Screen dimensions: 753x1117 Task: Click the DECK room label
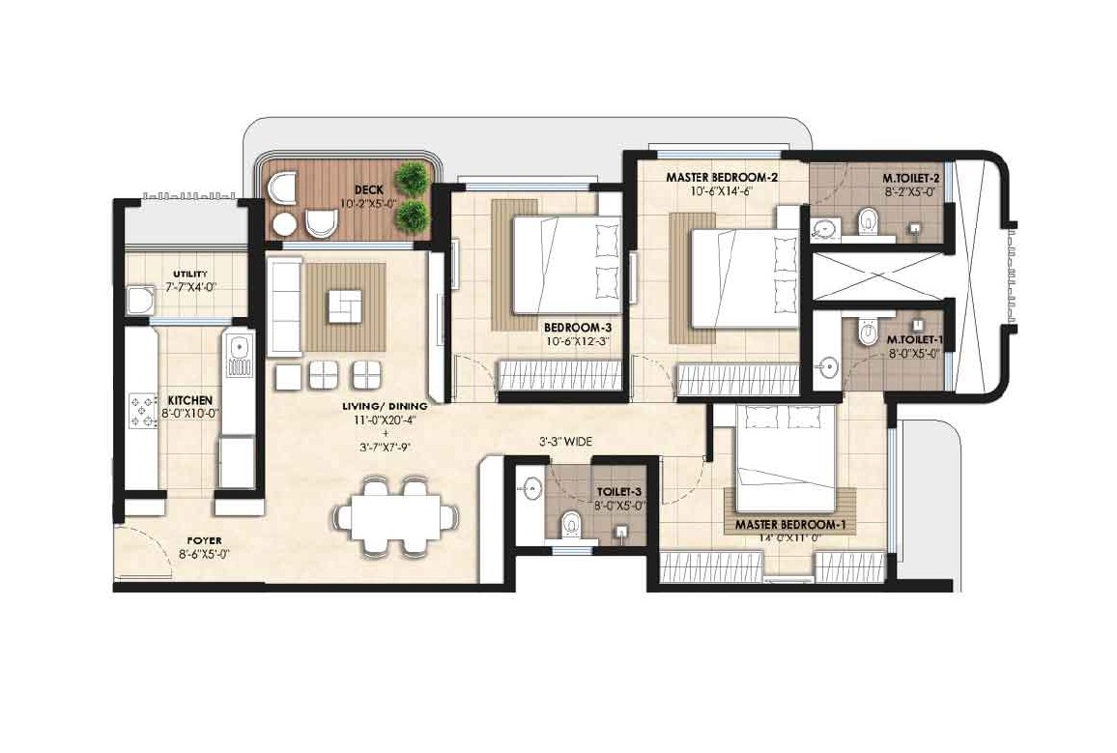pos(370,189)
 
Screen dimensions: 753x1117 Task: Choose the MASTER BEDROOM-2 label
pos(722,178)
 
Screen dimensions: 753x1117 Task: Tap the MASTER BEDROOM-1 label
pos(790,525)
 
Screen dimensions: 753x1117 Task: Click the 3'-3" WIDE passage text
pos(565,441)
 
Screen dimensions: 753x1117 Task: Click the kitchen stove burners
pos(141,410)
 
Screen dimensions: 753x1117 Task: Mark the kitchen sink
pos(237,354)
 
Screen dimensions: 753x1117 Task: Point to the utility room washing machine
pos(142,301)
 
